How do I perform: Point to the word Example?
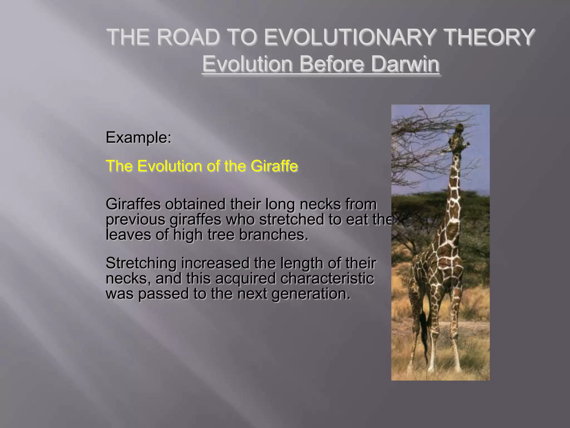(138, 137)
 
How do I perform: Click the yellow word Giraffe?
(274, 166)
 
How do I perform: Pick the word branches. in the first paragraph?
(274, 235)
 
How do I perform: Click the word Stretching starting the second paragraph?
(141, 263)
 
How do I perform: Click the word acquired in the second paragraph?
(245, 279)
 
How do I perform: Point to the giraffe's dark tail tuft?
(424, 329)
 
